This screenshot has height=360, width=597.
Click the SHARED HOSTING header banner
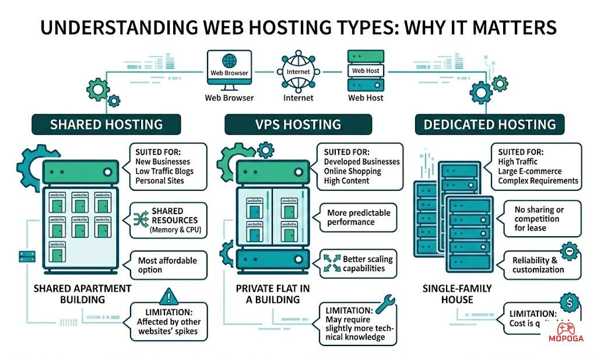106,124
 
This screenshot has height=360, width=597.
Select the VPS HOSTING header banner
298,124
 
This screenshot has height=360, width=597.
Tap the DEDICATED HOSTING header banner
490,124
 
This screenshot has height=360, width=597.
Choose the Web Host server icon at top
366,70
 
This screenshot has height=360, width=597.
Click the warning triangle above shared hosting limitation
168,296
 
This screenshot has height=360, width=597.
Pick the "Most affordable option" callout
167,265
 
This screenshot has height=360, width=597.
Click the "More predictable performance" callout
359,218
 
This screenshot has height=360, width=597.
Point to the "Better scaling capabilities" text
367,264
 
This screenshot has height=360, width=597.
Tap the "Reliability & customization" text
538,265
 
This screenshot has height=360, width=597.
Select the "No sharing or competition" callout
536,219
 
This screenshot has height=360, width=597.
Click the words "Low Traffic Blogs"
164,171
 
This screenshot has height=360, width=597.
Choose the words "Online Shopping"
352,171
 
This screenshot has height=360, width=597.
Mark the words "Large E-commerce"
530,172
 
